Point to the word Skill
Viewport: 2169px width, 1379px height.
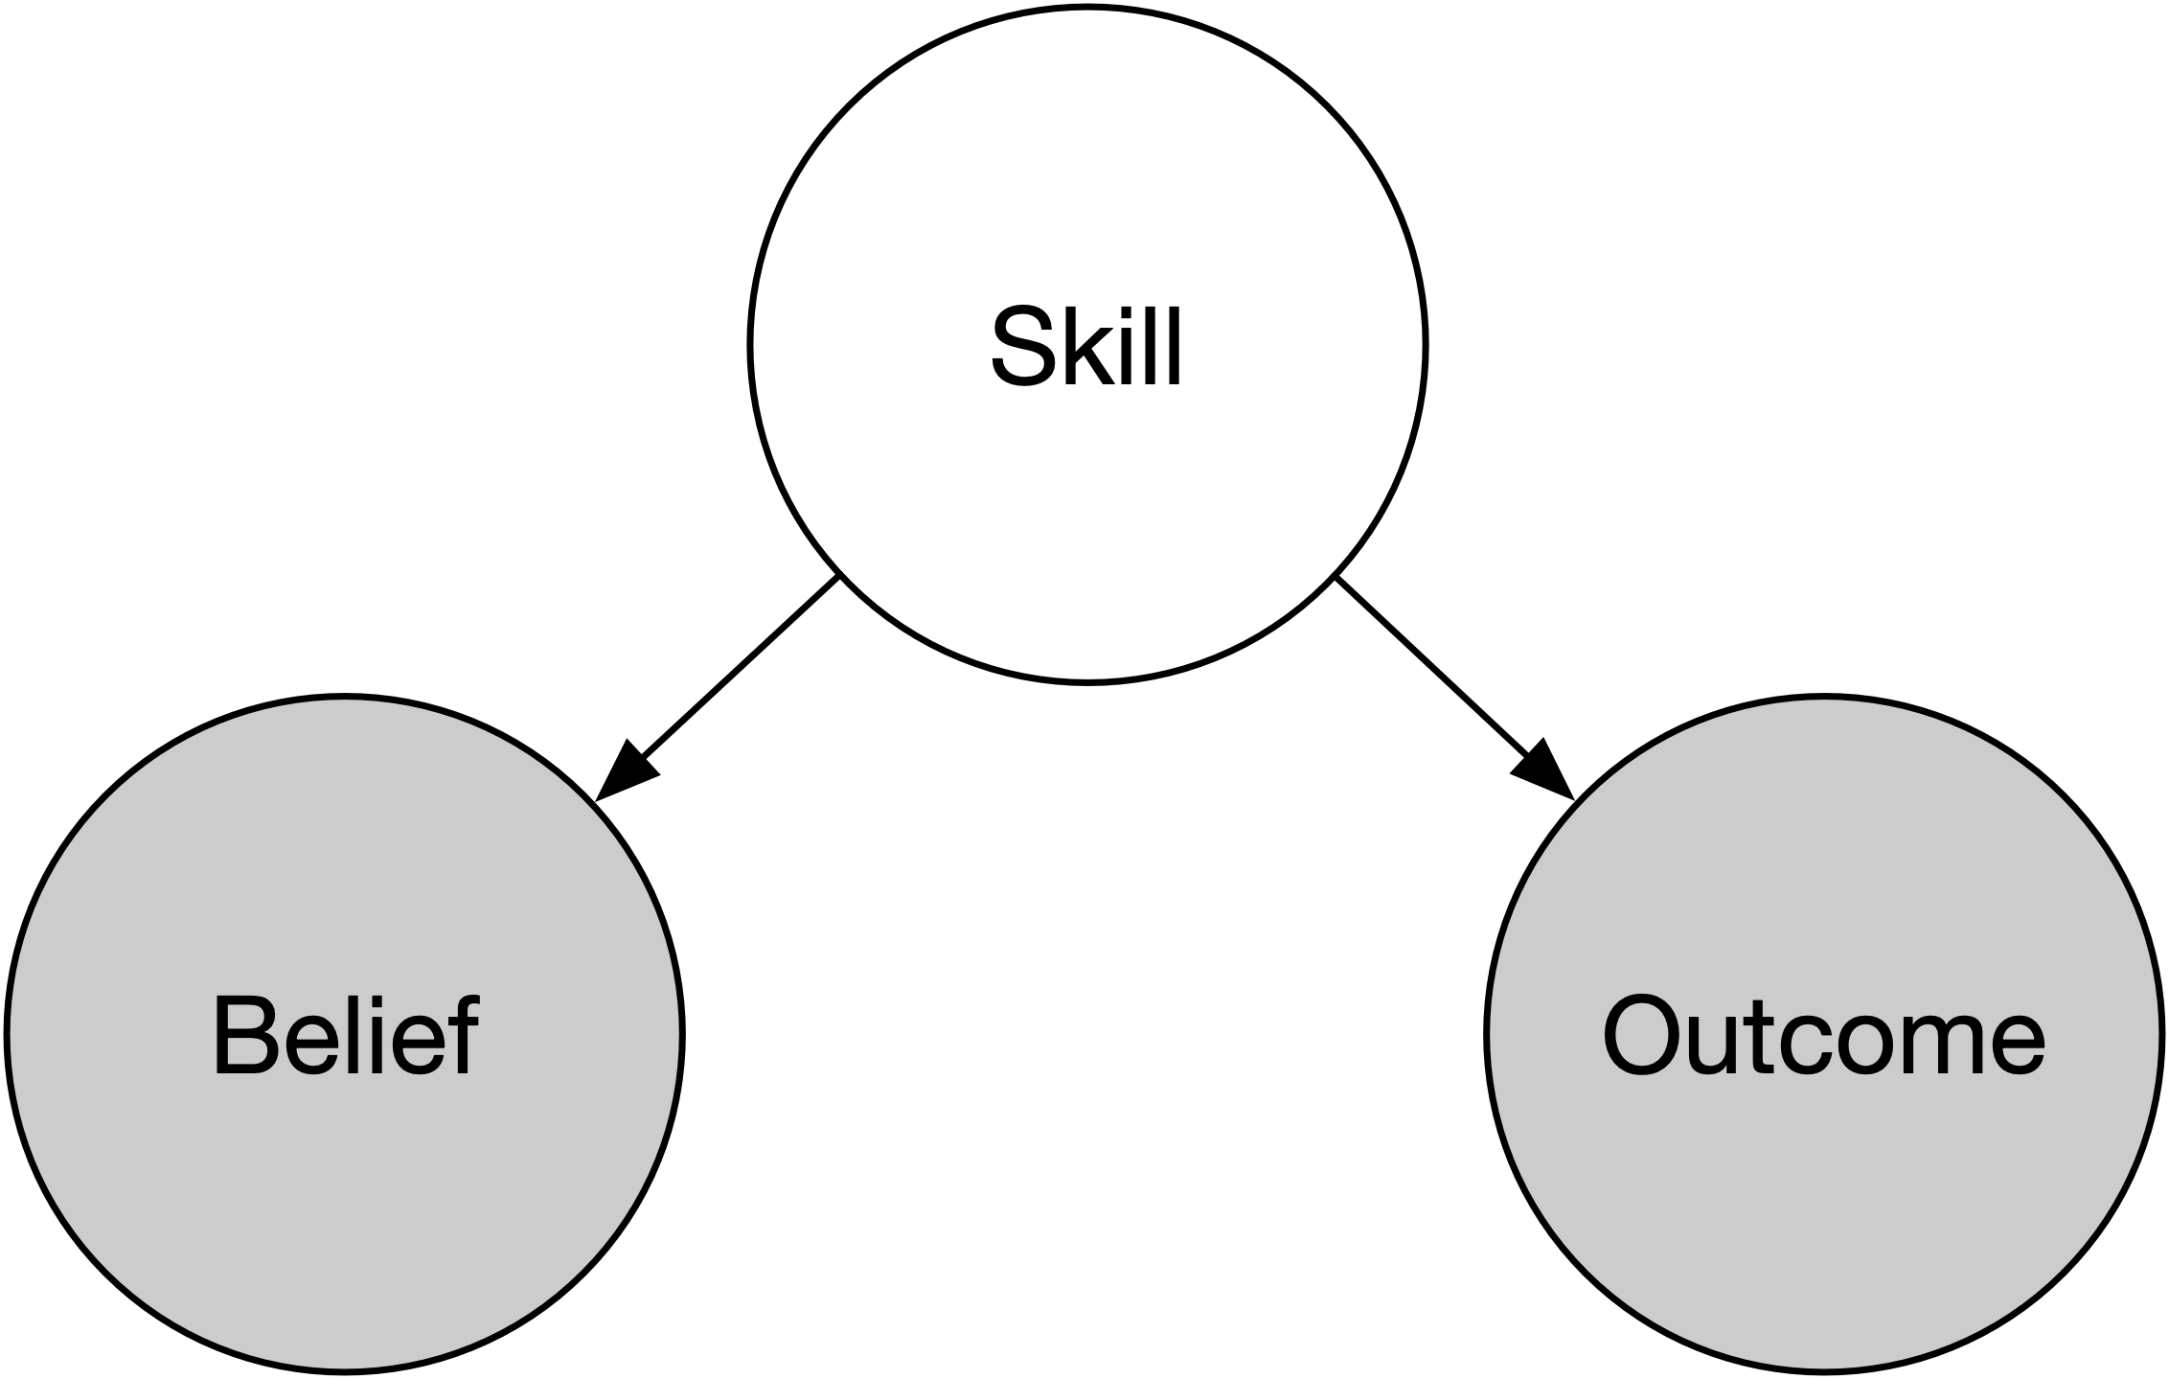tap(1087, 347)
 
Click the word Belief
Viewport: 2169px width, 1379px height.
tap(345, 1036)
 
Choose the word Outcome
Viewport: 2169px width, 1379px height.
tap(1823, 1036)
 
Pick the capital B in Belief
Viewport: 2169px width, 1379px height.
tap(241, 1037)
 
